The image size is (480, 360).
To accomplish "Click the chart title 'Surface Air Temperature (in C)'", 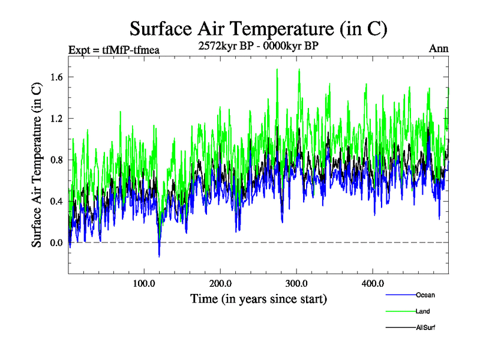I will tap(259, 28).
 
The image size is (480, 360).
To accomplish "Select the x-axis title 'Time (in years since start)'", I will tap(259, 298).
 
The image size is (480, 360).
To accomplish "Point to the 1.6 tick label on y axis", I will tap(57, 77).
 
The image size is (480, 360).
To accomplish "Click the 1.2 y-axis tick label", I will tap(57, 118).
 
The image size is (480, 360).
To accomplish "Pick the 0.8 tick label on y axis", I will tap(57, 160).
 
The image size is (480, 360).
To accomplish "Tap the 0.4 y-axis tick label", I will tap(57, 201).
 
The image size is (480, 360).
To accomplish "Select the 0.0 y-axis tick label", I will tap(57, 242).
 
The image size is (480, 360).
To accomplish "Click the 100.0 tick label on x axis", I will tap(144, 284).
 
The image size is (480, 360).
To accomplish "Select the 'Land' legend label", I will tap(422, 311).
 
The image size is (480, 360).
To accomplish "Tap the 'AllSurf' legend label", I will tap(425, 328).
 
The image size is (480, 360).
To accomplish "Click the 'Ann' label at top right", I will tap(439, 48).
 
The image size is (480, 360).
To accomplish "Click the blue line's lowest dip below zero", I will tap(159, 256).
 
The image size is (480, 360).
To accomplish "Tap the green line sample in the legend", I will tap(399, 311).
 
